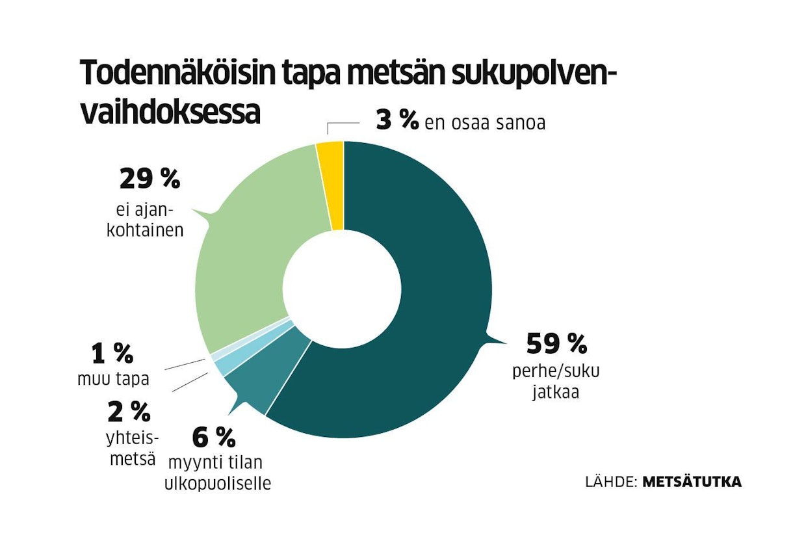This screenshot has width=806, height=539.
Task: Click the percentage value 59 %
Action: click(x=556, y=342)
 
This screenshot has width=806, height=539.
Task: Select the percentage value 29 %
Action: click(x=149, y=179)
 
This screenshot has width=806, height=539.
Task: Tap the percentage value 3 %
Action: click(x=396, y=121)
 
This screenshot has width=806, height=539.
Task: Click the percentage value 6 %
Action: click(x=213, y=438)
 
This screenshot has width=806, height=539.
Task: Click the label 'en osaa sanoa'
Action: click(x=485, y=123)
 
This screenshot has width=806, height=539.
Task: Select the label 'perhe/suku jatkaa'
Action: click(x=556, y=382)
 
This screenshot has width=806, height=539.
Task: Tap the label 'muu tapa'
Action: click(x=112, y=378)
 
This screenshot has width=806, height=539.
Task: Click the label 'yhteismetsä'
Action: click(x=131, y=449)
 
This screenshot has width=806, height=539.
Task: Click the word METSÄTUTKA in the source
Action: click(x=692, y=482)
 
